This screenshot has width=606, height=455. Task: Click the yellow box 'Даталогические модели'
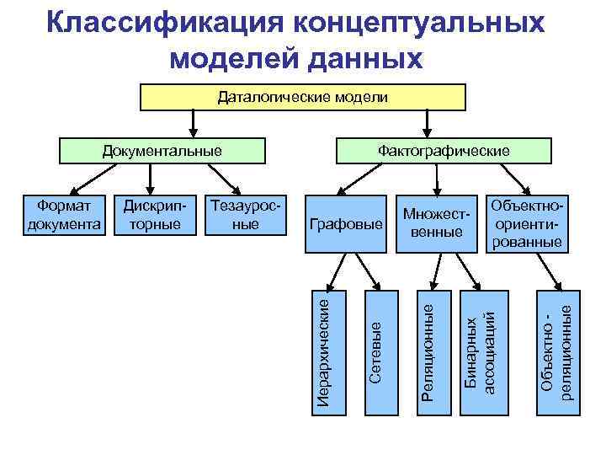point(303,98)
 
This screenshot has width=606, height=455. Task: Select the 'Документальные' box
point(162,151)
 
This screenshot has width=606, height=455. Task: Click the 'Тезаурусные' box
point(244,215)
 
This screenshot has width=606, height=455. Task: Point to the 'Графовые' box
point(346,225)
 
